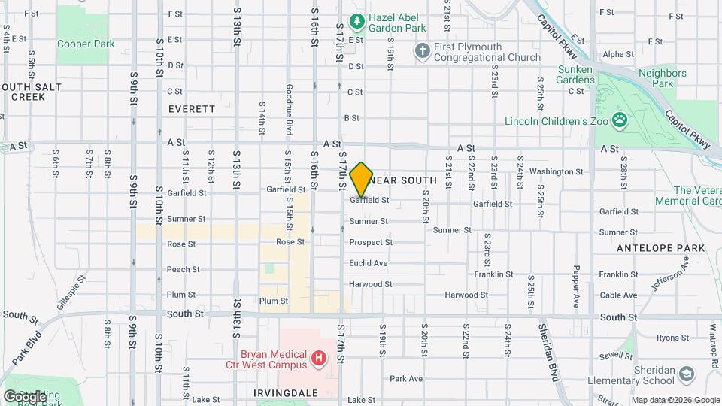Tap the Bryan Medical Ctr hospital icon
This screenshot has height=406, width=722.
tap(320, 359)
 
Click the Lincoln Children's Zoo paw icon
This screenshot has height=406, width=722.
tap(619, 119)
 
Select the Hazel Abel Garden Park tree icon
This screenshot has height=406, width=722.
tap(358, 20)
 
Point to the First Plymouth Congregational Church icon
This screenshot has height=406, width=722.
tap(423, 50)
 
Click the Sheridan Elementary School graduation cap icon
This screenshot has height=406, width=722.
tap(686, 374)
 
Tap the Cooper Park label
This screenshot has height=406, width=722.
tap(86, 44)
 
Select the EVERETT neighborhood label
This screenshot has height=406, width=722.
tap(192, 109)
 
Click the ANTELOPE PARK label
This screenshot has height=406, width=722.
tap(660, 247)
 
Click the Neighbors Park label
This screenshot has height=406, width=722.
tap(662, 79)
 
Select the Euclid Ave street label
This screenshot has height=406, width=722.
tap(368, 263)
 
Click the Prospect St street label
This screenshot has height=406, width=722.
tap(370, 243)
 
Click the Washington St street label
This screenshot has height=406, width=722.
tap(556, 171)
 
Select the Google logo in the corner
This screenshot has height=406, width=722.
tap(26, 396)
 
